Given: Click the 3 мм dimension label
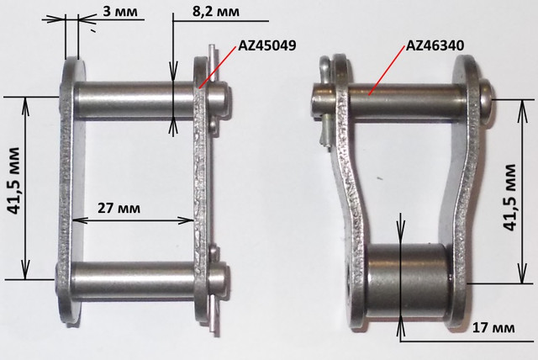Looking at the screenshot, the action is (120, 11).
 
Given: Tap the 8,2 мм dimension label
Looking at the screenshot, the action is (216, 11).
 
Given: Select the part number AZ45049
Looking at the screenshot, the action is (267, 45).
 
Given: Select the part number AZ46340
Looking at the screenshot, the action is (435, 45).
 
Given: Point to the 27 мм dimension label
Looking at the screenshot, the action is (119, 208).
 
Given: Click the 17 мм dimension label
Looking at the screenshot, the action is (493, 328).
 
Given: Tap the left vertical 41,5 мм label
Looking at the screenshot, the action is (14, 181).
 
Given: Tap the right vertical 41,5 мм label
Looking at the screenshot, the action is (510, 197).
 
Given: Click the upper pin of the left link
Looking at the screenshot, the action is (151, 101).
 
